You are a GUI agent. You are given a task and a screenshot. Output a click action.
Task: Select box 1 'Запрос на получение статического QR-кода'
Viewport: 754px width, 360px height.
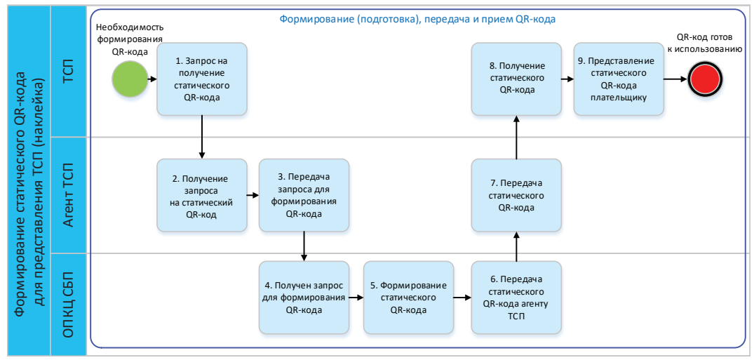[x=202, y=79]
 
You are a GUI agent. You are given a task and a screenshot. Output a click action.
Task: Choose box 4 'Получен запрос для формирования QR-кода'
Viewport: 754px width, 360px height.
[x=304, y=298]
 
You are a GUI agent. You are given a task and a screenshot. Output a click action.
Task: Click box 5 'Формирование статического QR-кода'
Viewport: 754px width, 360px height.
[x=408, y=298]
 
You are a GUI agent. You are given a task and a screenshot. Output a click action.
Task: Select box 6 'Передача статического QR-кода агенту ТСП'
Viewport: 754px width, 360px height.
[x=516, y=298]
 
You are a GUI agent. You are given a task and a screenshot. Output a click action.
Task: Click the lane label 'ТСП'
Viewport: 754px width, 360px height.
[x=69, y=73]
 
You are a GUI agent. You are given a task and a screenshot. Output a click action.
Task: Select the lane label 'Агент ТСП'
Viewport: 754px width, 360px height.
[x=69, y=195]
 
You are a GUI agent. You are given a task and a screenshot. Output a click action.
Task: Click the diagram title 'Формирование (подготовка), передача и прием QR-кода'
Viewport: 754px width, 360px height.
[x=417, y=20]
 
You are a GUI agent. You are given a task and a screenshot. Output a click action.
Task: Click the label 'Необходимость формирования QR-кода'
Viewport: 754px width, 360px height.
[x=130, y=39]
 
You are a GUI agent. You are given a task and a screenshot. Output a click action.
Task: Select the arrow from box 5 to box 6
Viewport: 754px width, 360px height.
[x=462, y=298]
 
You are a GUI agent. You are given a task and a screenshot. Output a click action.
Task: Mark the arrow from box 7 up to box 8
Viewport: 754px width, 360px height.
[x=516, y=138]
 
